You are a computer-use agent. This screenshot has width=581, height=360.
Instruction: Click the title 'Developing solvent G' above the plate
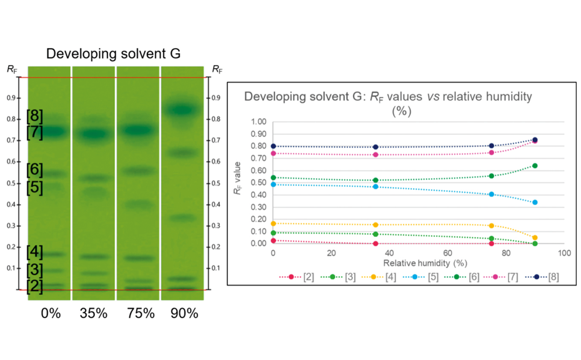[x=113, y=54]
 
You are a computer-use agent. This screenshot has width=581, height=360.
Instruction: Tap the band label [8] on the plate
[x=35, y=116]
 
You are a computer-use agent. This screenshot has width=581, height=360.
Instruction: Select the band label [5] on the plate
[x=35, y=187]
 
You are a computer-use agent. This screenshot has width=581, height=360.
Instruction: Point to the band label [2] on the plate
[x=35, y=286]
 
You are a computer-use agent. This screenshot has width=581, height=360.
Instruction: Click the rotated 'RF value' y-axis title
[x=237, y=182]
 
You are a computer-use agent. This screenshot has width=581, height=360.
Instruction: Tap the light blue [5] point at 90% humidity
[x=535, y=202]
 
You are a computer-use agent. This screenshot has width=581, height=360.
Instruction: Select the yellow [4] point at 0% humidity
[x=273, y=223]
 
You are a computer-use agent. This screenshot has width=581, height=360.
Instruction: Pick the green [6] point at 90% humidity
[x=535, y=166]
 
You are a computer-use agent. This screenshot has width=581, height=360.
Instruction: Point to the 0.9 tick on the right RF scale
[x=217, y=99]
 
